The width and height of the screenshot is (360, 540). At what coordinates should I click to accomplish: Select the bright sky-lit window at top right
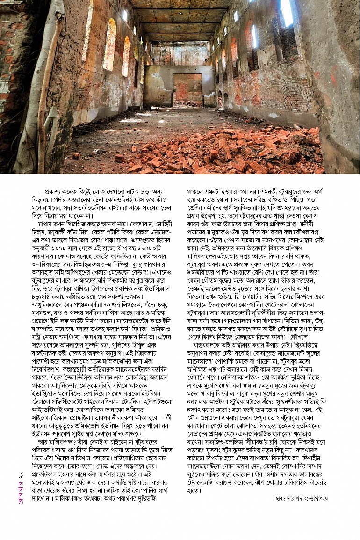286,12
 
